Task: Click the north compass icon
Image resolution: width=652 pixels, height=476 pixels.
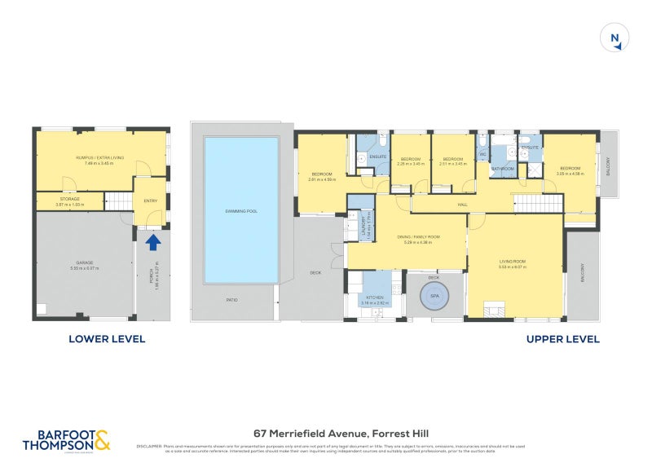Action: point(616,37)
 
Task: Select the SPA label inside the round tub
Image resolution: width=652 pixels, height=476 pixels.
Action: point(434,297)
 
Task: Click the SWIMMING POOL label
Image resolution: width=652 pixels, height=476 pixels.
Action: point(241,211)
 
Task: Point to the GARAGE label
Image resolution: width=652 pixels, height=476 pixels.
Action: point(84,262)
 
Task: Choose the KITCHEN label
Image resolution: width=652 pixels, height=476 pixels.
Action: point(375,298)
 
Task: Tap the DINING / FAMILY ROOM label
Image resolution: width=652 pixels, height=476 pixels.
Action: point(418,237)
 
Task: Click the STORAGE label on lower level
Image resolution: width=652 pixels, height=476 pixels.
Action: point(69,199)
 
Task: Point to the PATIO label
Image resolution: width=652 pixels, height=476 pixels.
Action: point(232,301)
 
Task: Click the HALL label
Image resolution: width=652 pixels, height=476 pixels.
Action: point(461,204)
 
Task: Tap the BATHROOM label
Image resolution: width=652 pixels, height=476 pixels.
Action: point(502,169)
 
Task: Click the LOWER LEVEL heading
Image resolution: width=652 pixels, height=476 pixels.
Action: point(107,339)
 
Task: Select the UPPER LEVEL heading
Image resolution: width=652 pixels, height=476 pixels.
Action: point(562,339)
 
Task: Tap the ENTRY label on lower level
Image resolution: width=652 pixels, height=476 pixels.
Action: point(151,201)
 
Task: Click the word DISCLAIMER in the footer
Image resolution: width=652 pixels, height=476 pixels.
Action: point(151,446)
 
